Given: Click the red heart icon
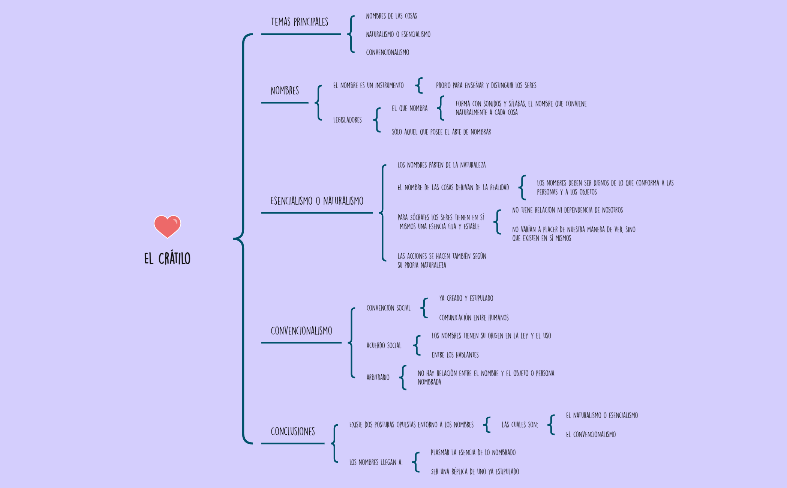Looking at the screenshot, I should click(x=167, y=226).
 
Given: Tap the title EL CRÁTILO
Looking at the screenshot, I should click(x=167, y=258).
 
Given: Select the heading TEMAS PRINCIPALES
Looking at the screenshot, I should click(x=299, y=22).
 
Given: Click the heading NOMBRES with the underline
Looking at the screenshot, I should click(x=285, y=91).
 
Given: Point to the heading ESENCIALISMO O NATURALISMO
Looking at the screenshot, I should click(x=317, y=201).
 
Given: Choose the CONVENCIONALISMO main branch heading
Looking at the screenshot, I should click(x=301, y=331).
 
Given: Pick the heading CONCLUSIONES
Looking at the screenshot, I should click(x=292, y=432).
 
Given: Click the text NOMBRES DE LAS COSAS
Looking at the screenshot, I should click(x=391, y=16).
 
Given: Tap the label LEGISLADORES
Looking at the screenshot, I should click(x=347, y=120).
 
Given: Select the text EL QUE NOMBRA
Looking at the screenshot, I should click(x=409, y=108).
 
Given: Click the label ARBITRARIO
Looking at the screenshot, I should click(x=378, y=377).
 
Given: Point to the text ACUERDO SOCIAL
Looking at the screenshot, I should click(x=384, y=345).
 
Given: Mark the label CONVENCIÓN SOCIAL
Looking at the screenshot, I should click(x=388, y=308).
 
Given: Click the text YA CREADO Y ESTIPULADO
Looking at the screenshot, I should click(x=466, y=298).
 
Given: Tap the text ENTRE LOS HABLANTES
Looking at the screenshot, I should click(x=455, y=355).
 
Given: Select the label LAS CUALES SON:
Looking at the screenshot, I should click(x=520, y=425).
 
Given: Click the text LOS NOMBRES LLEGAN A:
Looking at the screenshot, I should click(x=376, y=462).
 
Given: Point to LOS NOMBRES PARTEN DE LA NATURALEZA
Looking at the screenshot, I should click(x=441, y=165).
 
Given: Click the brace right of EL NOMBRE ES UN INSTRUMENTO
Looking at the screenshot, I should click(x=419, y=86).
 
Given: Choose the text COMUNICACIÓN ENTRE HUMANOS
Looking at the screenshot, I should click(x=474, y=318).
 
